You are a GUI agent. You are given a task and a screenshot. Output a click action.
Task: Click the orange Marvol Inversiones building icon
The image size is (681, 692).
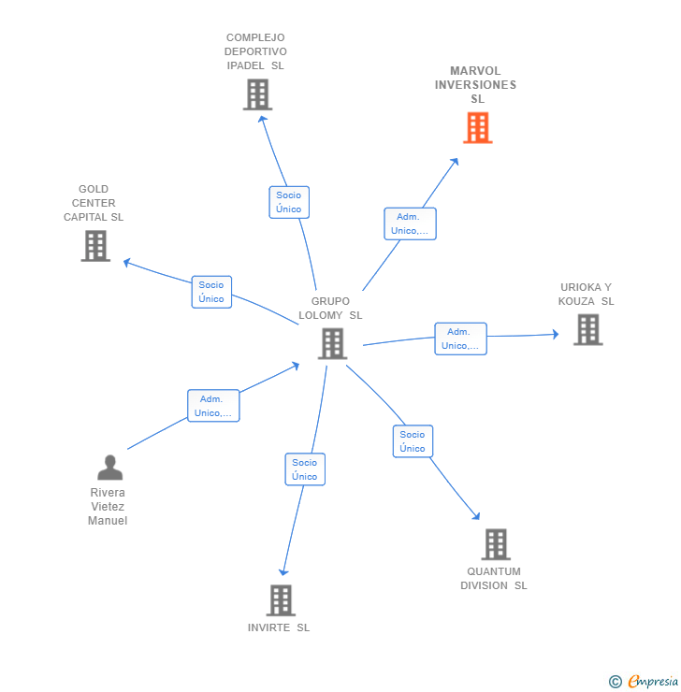click(x=477, y=128)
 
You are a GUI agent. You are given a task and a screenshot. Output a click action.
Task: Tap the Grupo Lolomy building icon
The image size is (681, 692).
click(x=332, y=344)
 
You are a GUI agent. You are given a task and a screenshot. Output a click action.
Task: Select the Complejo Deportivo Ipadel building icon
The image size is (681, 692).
click(x=257, y=94)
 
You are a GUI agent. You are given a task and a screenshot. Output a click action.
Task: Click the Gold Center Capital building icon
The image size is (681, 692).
click(x=95, y=246)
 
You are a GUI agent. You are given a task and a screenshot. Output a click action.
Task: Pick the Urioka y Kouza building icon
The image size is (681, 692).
click(x=587, y=329)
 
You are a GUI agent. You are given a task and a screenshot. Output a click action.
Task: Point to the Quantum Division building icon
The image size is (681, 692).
click(x=496, y=544)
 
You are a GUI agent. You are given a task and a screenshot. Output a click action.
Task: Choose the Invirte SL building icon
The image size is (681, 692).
click(x=281, y=600)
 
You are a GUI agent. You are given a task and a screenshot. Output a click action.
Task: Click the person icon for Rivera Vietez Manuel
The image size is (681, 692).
click(x=109, y=468)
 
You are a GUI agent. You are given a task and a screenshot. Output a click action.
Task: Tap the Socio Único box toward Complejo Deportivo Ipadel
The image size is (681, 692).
click(x=288, y=202)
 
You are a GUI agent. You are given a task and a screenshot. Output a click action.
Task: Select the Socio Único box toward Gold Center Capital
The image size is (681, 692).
click(x=211, y=292)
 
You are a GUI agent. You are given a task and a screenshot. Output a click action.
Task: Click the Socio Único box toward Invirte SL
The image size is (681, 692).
click(x=304, y=469)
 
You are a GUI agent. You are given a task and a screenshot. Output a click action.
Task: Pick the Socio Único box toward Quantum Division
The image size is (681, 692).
click(x=412, y=441)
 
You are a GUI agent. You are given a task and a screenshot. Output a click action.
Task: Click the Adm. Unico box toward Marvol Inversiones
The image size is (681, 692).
click(x=410, y=223)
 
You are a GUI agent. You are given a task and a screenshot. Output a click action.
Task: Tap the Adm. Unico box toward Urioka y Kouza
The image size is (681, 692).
click(x=460, y=339)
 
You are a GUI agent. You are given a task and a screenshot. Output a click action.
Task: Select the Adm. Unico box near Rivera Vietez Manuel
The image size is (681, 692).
click(x=213, y=406)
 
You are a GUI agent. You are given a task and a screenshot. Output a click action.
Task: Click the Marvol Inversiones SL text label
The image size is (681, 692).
click(x=475, y=85)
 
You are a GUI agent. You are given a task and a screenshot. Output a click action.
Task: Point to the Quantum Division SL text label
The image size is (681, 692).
click(x=493, y=579)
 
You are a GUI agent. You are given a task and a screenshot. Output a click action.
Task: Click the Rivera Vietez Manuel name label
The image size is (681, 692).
click(x=108, y=507)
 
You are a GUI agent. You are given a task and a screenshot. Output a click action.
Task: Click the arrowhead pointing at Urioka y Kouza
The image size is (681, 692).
click(x=555, y=334)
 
